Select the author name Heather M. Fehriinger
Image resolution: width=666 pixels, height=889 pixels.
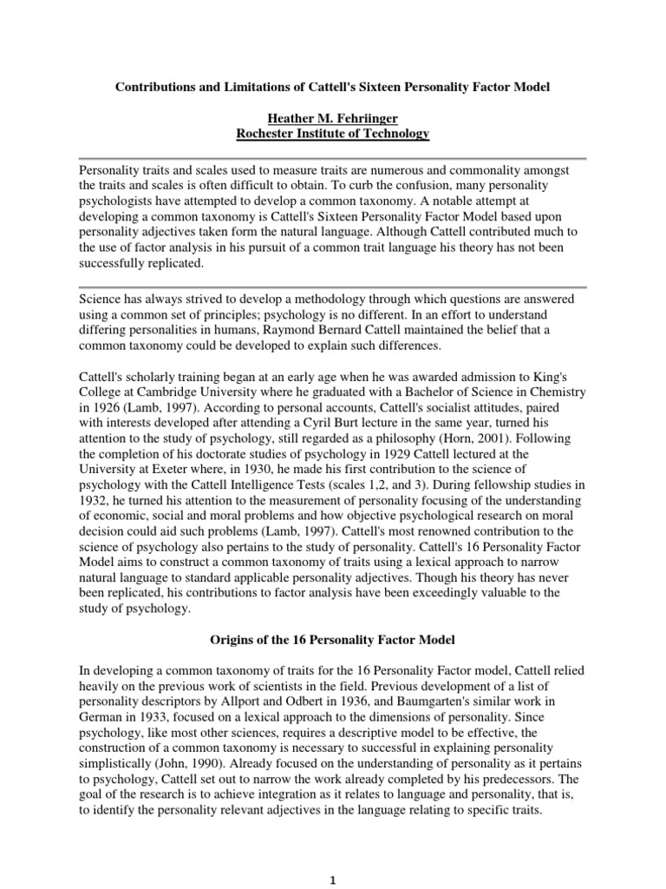(332, 118)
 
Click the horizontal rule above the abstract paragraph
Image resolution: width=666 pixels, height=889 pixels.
(332, 159)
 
